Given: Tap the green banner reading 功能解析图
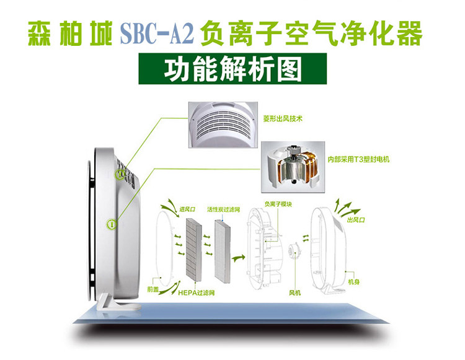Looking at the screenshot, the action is [x=232, y=69].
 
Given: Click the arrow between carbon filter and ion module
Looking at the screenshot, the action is [x=239, y=257].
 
